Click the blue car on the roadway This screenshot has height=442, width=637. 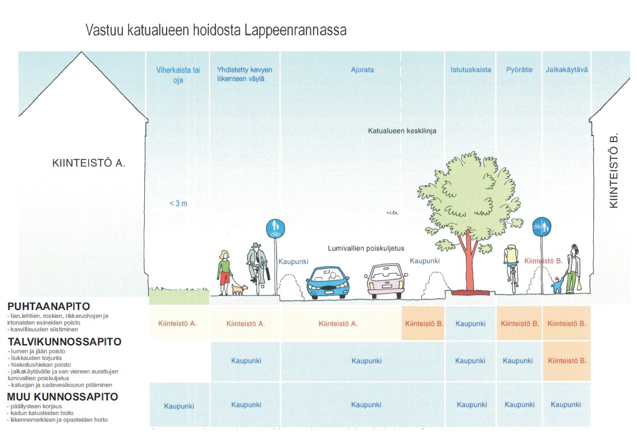click(328, 282)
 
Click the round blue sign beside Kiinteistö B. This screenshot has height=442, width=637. click(542, 227)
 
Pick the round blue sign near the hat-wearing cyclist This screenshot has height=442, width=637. click(276, 229)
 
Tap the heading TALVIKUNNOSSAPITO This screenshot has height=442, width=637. click(64, 341)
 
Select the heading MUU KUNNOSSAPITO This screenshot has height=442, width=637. click(62, 397)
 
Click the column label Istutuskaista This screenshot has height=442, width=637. click(470, 70)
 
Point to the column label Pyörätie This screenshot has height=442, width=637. click(519, 70)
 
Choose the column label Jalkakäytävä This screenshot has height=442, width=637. click(566, 70)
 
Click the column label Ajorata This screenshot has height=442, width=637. click(362, 70)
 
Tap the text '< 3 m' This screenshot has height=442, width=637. click(178, 203)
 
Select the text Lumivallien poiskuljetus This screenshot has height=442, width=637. click(366, 248)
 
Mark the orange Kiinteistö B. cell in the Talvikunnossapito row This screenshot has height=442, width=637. click(567, 361)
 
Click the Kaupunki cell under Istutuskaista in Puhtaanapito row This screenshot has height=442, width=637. click(470, 323)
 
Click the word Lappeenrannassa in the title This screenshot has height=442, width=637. click(295, 30)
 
